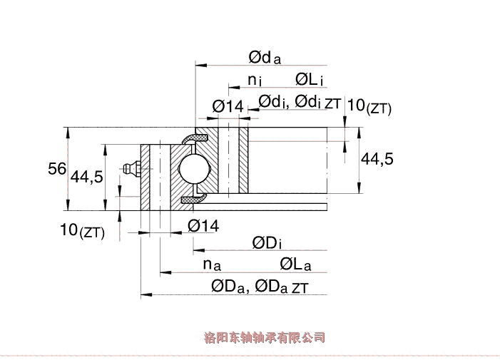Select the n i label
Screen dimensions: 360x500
coord(255,80)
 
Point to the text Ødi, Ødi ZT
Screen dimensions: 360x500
coord(299,103)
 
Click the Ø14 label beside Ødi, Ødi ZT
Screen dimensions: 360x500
coord(228,106)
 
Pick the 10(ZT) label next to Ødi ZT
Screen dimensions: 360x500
coord(368,106)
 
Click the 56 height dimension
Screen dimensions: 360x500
coord(57,169)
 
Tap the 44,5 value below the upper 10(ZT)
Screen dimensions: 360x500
coord(377,160)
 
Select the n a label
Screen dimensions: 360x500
coord(211,264)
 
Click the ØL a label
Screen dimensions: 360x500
coord(295,265)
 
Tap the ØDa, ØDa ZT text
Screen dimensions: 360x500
coord(260,287)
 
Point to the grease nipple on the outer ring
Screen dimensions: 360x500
coord(131,169)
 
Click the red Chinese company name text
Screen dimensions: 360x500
coord(264,337)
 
